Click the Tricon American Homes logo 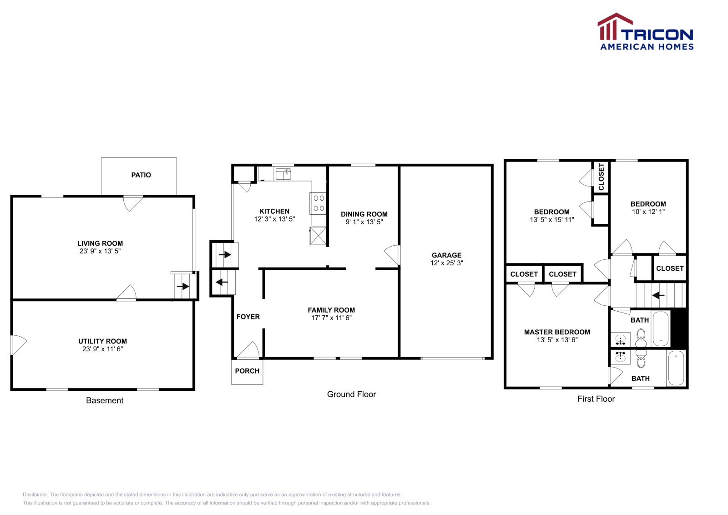click(x=645, y=32)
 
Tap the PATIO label click(x=141, y=175)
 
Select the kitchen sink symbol click(x=283, y=174)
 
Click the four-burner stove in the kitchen click(x=318, y=203)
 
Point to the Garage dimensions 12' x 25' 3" click(x=446, y=263)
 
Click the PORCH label click(x=247, y=371)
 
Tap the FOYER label click(x=248, y=317)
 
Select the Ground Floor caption click(x=351, y=394)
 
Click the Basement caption click(x=105, y=400)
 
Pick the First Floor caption click(x=596, y=399)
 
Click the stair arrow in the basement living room click(x=183, y=287)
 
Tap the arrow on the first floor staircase click(x=658, y=295)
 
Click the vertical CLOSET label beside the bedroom click(x=601, y=177)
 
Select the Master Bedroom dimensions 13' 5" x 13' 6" click(x=557, y=340)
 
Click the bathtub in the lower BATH click(x=677, y=368)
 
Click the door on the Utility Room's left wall click(x=18, y=345)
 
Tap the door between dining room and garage click(x=393, y=255)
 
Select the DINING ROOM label click(x=364, y=214)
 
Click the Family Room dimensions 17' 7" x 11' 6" click(x=331, y=318)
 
